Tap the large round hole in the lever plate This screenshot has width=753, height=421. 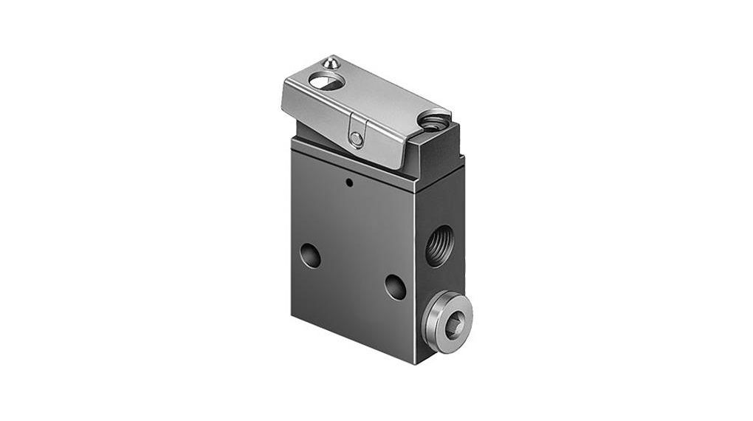(326, 82)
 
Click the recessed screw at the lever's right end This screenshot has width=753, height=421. (434, 119)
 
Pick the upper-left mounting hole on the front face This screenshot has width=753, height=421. (310, 256)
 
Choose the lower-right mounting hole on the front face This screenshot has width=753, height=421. (395, 287)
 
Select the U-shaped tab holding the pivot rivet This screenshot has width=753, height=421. (357, 134)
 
